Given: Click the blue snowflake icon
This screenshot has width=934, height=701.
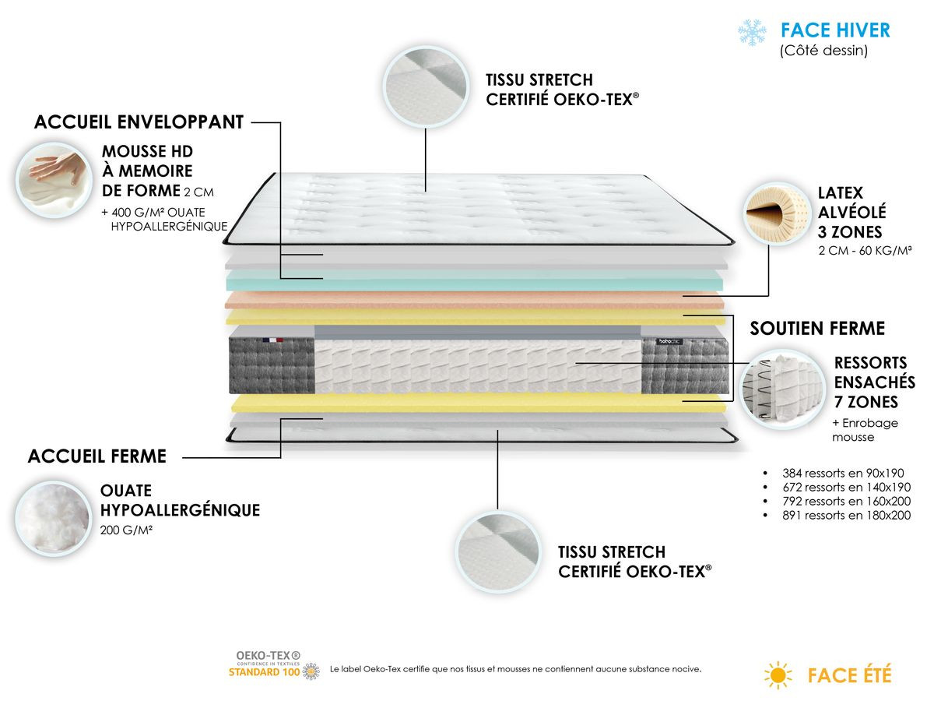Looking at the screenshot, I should pos(752,32).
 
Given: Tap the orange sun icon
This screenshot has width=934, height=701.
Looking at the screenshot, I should pos(778,675).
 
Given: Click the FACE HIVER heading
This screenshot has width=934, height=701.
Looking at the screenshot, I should pos(835,30).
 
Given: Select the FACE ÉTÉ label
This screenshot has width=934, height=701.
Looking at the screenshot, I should pos(849,675).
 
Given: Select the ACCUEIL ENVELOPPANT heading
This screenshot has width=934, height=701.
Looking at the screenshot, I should pos(139,122).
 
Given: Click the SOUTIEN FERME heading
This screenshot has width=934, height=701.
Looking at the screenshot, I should pos(817,328).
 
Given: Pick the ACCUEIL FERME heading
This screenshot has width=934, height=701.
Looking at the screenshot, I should pos(97,456).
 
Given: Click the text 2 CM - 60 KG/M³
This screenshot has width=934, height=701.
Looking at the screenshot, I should pos(864,251).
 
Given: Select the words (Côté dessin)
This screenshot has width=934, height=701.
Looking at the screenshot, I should pos(823,51).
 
